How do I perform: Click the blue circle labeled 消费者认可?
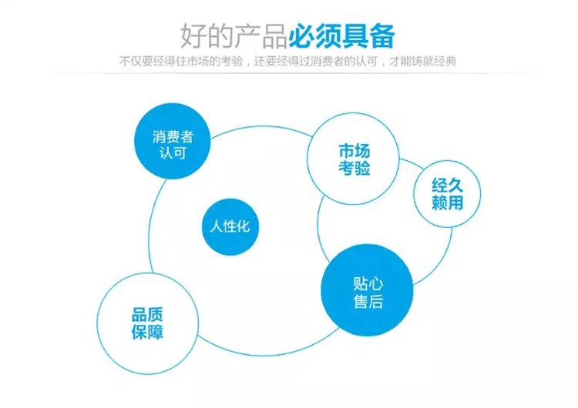click(172, 141)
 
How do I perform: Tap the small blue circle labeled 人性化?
click(230, 227)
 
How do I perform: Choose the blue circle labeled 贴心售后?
click(367, 290)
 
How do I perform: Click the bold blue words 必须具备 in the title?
click(341, 36)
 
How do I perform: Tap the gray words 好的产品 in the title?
click(234, 36)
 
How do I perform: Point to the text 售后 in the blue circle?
click(368, 301)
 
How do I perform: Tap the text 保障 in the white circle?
click(147, 332)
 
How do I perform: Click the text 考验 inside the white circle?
click(355, 168)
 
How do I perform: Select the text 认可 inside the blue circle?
click(173, 152)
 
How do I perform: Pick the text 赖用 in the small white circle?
click(447, 202)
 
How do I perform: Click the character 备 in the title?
click(382, 36)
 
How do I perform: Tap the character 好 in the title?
click(193, 36)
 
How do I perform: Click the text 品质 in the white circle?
click(147, 315)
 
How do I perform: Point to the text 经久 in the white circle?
click(447, 186)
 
